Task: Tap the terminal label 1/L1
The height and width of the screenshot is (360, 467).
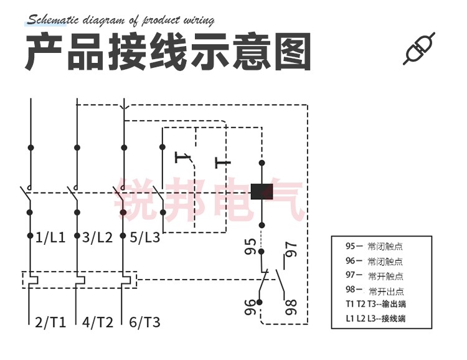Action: (50, 237)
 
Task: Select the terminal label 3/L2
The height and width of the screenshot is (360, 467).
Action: (97, 237)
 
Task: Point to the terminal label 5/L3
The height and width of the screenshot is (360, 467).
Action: (144, 237)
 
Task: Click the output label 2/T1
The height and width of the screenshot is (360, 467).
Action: (50, 322)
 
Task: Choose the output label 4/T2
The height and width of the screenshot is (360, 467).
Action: (97, 322)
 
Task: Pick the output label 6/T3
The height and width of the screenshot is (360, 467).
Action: (144, 322)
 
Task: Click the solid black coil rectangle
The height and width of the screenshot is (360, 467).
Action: (262, 191)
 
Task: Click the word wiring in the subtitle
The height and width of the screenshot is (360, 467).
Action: (197, 20)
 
